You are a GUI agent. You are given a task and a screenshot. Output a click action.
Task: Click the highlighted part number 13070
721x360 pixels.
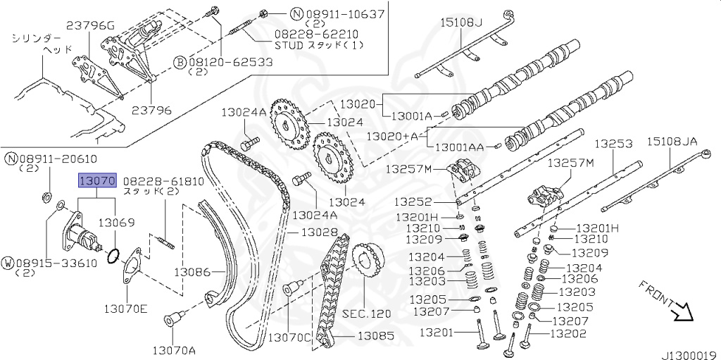point(96,182)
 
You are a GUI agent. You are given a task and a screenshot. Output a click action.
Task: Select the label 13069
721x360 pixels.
point(115,222)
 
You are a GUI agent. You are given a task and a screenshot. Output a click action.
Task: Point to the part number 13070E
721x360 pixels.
point(127,307)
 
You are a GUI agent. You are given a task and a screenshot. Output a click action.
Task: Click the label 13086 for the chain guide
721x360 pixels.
point(193,271)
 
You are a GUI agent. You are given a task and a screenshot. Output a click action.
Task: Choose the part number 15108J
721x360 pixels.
point(462,22)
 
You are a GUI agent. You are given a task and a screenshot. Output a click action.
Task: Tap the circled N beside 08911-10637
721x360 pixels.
point(278,13)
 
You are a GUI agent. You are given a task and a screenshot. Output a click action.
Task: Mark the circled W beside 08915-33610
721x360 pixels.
point(8,262)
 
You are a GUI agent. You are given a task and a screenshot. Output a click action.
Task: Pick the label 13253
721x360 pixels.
point(613,143)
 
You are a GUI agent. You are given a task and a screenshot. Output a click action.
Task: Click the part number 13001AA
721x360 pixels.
point(459,148)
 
